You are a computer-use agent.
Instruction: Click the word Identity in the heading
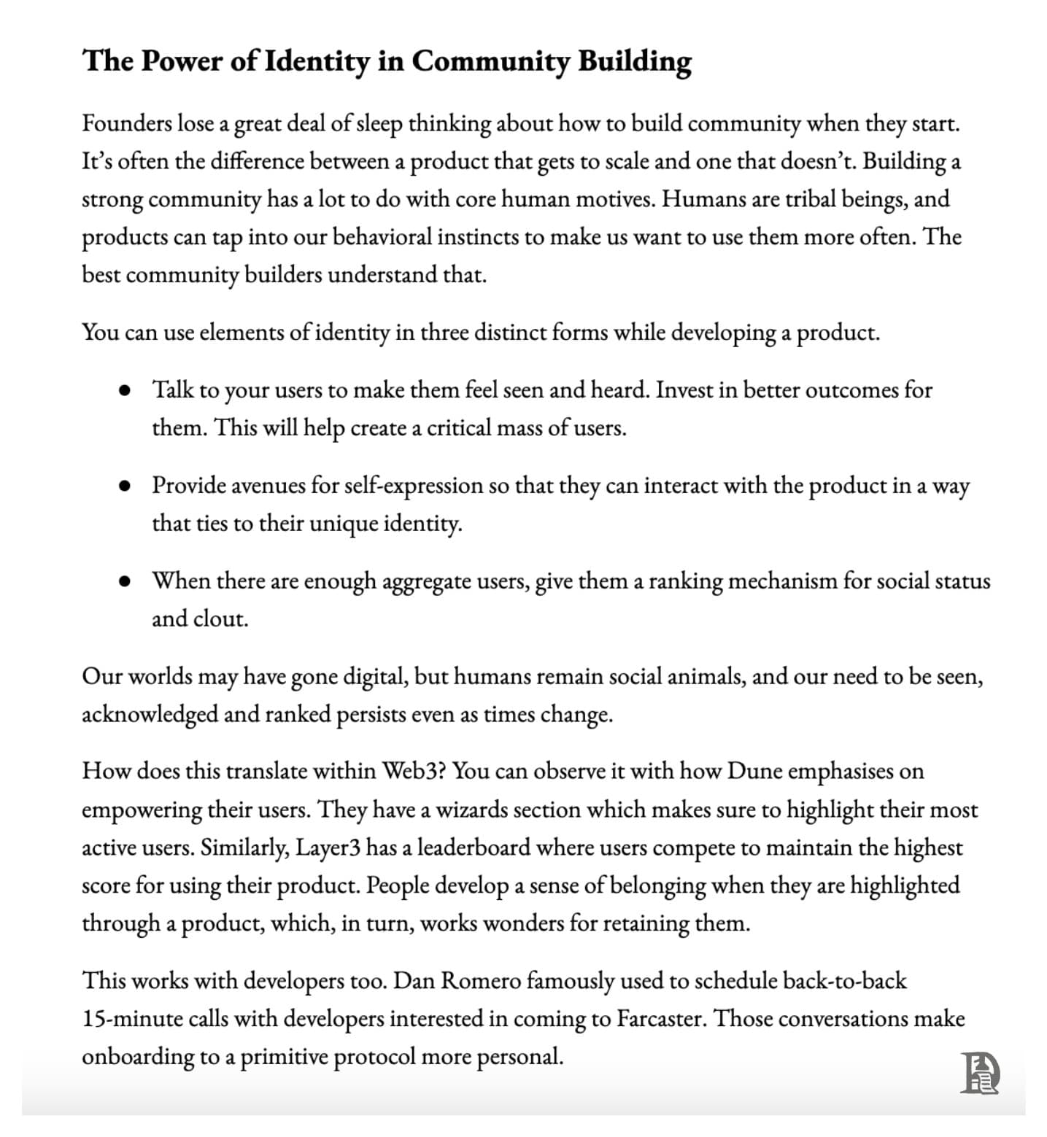(316, 61)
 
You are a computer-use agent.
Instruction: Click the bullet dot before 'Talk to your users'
(125, 391)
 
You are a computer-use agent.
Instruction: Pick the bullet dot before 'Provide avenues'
(125, 486)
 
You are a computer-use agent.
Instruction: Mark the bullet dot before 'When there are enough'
(125, 582)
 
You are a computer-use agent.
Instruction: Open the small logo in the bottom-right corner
(979, 1073)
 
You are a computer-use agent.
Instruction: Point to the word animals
(708, 677)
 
